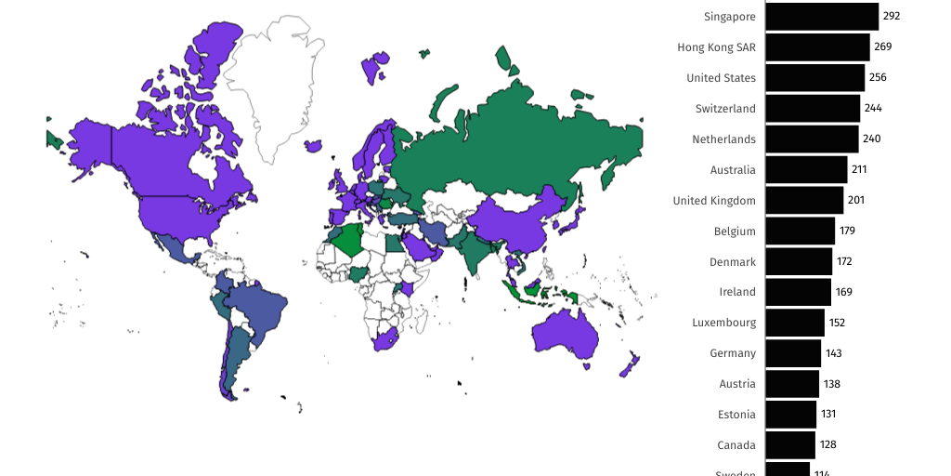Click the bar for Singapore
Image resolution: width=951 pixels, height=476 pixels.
(822, 17)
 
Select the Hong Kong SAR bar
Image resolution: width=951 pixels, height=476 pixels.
(817, 47)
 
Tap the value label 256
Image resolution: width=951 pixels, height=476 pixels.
(878, 78)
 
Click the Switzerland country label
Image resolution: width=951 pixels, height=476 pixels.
(725, 109)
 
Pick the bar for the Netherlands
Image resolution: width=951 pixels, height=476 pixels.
(812, 139)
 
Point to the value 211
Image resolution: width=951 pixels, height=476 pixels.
(858, 170)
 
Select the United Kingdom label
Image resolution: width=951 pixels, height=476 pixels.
(714, 201)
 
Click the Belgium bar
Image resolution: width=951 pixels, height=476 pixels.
(800, 231)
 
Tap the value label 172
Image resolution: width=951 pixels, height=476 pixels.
(844, 261)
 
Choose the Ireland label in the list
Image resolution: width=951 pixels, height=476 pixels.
(737, 292)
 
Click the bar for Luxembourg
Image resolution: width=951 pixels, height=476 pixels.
(795, 323)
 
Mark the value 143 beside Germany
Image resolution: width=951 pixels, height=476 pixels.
(833, 353)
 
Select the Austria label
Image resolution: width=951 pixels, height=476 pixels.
(737, 384)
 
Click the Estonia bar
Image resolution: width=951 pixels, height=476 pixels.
(790, 415)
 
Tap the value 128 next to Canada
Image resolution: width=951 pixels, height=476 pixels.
(827, 444)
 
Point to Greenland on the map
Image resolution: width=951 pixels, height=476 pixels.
(274, 84)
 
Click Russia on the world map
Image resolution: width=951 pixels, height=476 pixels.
(520, 139)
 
